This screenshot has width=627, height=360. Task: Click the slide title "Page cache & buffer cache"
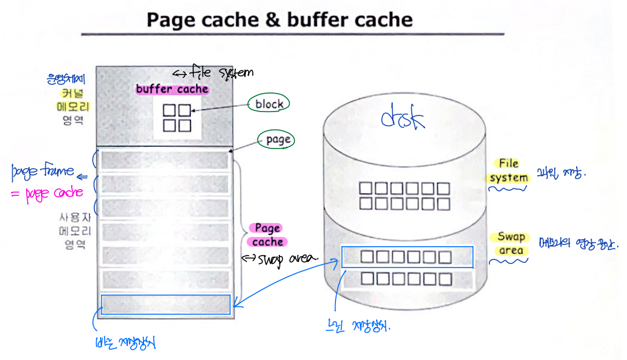[279, 20]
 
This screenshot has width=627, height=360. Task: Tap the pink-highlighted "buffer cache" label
[172, 90]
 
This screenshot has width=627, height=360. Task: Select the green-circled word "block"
[269, 104]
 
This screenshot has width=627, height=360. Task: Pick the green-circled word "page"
[278, 140]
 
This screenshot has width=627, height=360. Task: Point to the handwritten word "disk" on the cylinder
[403, 118]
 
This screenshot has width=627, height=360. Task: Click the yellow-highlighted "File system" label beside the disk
[509, 170]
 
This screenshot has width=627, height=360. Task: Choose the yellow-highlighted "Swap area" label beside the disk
[511, 244]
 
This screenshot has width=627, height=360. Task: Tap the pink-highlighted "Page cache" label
[268, 235]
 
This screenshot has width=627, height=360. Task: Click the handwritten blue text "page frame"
[43, 170]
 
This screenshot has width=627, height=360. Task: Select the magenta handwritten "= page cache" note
[47, 194]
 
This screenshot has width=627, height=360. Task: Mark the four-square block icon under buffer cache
[177, 117]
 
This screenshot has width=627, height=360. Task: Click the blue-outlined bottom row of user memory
[165, 305]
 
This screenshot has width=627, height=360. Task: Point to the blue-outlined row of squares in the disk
[407, 257]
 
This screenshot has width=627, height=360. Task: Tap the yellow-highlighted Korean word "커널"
[70, 93]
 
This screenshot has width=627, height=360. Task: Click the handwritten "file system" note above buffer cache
[214, 73]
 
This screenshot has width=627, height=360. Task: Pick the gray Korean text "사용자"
[70, 218]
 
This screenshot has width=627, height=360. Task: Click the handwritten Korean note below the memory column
[125, 343]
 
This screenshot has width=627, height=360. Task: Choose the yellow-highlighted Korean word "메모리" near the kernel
[70, 107]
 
